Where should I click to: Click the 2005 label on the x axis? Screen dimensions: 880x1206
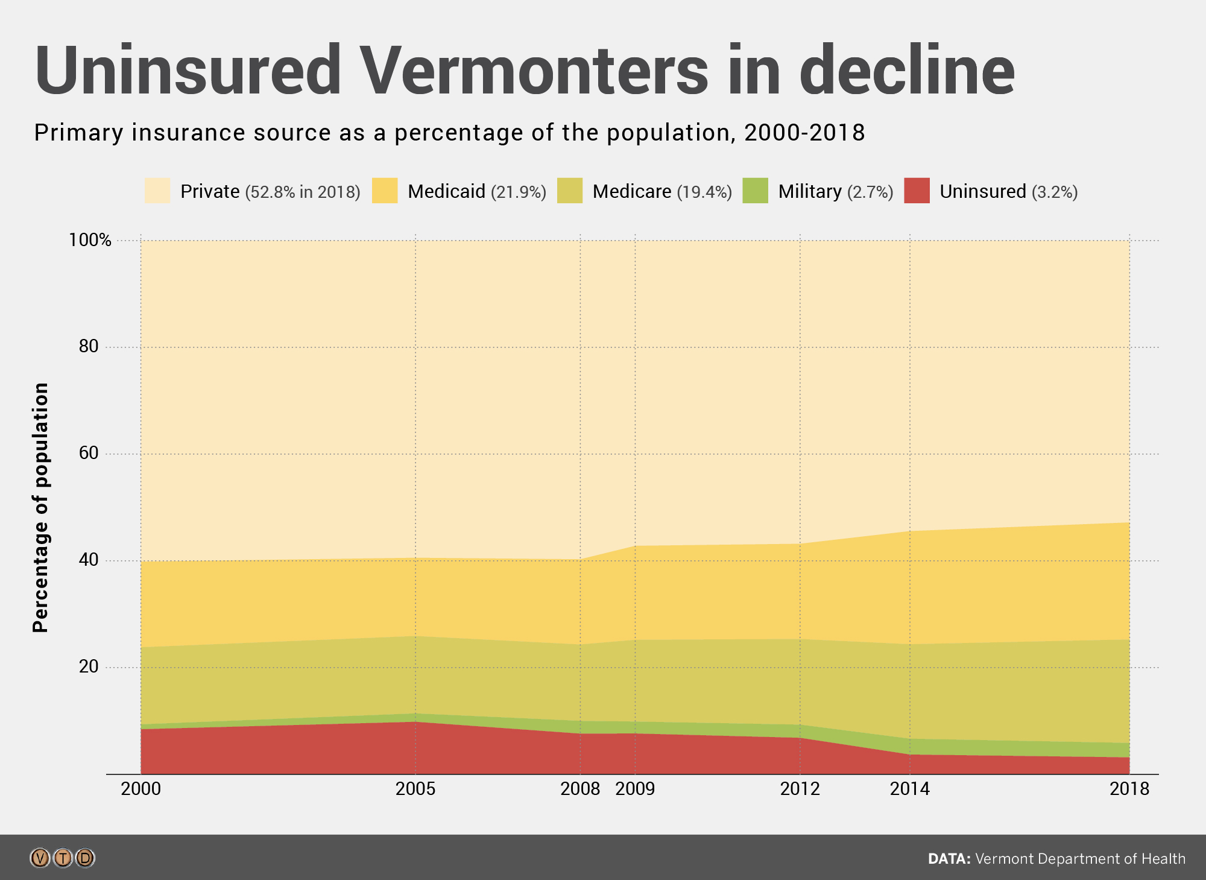click(415, 789)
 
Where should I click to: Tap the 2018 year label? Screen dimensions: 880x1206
click(1129, 789)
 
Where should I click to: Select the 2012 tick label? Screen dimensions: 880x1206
click(800, 789)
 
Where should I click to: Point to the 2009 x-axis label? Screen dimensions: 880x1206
click(635, 789)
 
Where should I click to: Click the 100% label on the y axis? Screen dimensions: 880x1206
click(90, 240)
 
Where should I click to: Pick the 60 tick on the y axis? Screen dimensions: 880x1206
click(89, 453)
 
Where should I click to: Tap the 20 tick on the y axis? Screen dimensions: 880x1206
click(89, 666)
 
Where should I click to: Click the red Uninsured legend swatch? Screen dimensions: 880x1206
click(917, 191)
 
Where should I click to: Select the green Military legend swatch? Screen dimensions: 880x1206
click(755, 191)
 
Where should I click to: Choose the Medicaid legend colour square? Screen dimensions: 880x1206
click(385, 191)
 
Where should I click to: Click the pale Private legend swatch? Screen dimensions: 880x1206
click(157, 191)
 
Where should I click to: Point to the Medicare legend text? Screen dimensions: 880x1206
click(631, 191)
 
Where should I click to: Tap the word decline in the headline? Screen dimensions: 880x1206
click(907, 71)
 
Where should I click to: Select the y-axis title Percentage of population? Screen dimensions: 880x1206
click(41, 507)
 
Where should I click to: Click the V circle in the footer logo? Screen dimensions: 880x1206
click(40, 858)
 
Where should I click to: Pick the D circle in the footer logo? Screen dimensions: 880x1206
click(85, 858)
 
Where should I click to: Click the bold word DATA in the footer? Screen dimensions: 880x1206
click(949, 859)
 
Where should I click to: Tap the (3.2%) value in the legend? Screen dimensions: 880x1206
click(1055, 192)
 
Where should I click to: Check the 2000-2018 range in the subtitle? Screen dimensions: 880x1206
click(804, 133)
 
